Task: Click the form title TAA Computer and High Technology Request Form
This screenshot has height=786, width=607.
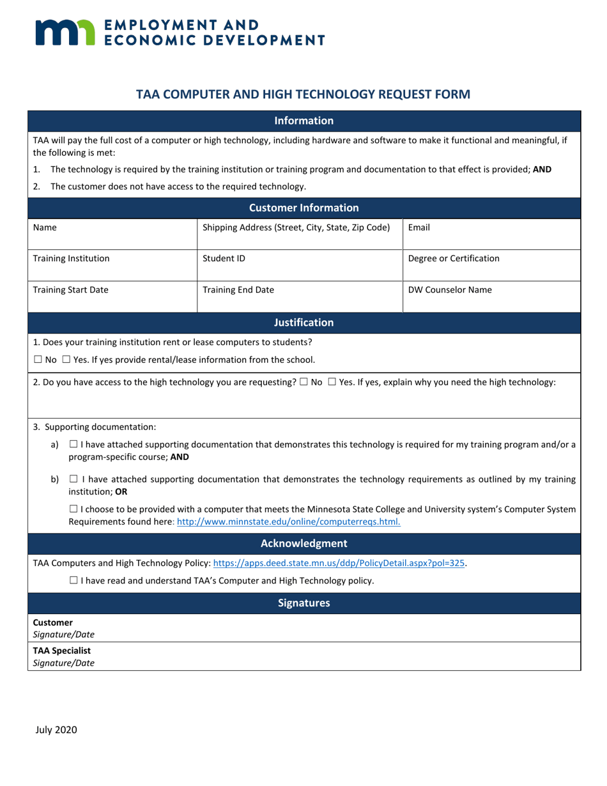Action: coord(303,95)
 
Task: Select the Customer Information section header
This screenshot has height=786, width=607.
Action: coord(303,208)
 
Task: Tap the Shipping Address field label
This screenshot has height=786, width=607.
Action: coord(296,227)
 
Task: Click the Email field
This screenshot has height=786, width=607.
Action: coord(491,233)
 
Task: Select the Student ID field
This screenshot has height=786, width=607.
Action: coord(299,265)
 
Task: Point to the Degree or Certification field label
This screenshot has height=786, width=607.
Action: coord(454,259)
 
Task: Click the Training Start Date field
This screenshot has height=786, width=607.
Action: coord(112,296)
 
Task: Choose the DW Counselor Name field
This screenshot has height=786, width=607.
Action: coord(491,296)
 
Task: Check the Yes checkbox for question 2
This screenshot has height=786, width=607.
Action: coord(332,382)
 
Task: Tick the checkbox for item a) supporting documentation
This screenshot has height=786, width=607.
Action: coord(73,444)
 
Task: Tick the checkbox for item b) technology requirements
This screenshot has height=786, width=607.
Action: coord(73,479)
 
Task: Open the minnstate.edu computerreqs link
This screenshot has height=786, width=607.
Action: coord(288,521)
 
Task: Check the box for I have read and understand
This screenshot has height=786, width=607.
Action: coord(73,581)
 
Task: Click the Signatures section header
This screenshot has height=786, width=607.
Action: coord(303,603)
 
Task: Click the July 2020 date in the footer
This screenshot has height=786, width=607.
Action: coord(56,729)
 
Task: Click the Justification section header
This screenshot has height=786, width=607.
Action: coord(303,323)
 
